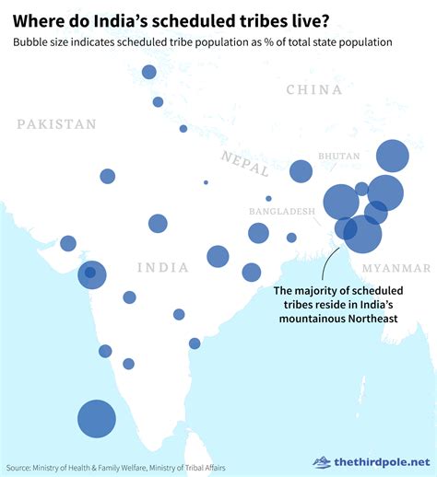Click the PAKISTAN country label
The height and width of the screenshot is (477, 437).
coord(56,124)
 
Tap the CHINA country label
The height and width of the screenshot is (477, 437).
coord(314,89)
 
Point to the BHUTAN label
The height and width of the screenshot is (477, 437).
coord(338,157)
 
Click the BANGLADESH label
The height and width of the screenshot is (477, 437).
coord(282,211)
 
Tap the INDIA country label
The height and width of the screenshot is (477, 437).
coord(162,267)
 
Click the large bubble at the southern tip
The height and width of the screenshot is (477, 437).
coord(96,418)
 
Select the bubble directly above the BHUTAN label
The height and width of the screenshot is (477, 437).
coord(392,156)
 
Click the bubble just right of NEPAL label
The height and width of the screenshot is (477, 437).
coord(301,170)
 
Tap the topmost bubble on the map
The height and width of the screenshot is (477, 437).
coord(149,73)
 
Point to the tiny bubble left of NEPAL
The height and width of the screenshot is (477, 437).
coord(206,182)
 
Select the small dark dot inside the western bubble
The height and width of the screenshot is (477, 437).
coord(89,272)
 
